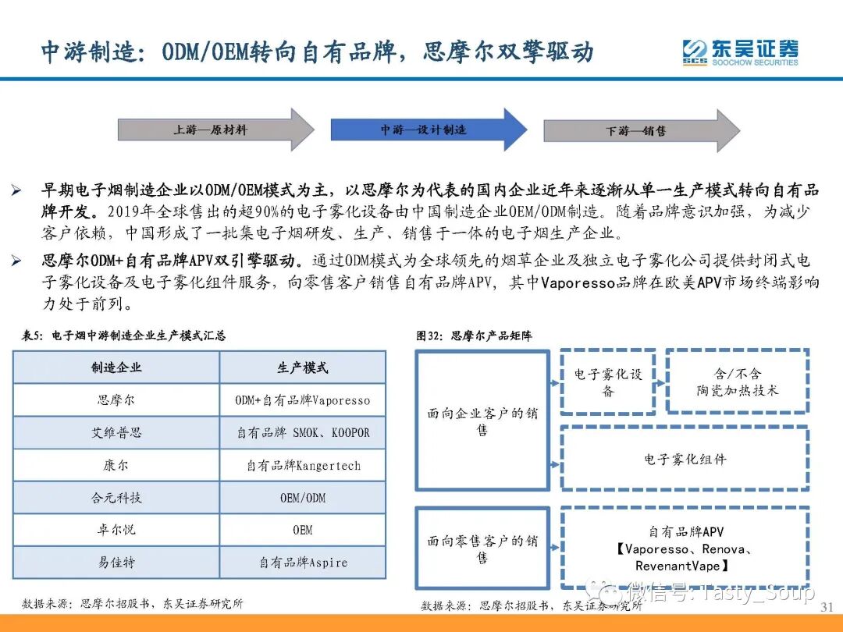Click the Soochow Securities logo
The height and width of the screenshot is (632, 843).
coord(740,52)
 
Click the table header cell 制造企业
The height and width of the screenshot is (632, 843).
coord(116,367)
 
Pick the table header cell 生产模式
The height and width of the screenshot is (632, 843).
coord(303,367)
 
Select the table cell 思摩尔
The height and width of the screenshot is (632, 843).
coord(116,400)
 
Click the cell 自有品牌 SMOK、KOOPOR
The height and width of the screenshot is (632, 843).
coord(303,432)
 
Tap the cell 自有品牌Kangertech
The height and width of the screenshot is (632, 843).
coord(303,465)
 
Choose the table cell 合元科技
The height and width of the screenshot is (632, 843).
coord(116,497)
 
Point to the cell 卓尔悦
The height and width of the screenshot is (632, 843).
coord(116,530)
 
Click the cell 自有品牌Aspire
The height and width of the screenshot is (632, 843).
coord(303,562)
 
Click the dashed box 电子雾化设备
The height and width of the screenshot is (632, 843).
coord(608,382)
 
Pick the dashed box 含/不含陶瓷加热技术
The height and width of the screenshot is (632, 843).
coord(737,382)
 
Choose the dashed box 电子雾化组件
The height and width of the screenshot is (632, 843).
coord(685,459)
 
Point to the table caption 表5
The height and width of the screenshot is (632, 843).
coord(123,336)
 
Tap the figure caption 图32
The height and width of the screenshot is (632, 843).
coord(474,336)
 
